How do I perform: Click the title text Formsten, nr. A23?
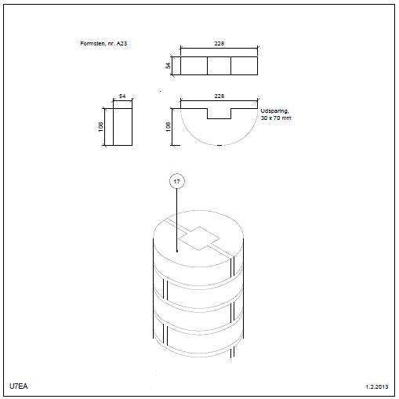[x=103, y=43]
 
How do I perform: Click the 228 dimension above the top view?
[x=219, y=43]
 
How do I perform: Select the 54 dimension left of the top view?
[x=168, y=65]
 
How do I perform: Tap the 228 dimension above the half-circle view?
[x=219, y=96]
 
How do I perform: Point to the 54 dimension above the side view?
[x=122, y=96]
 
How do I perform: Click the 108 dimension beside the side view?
[x=101, y=127]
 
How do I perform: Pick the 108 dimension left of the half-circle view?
[x=168, y=127]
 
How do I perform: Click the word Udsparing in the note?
[x=274, y=111]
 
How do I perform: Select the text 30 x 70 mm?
[x=276, y=118]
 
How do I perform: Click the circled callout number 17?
[x=177, y=181]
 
